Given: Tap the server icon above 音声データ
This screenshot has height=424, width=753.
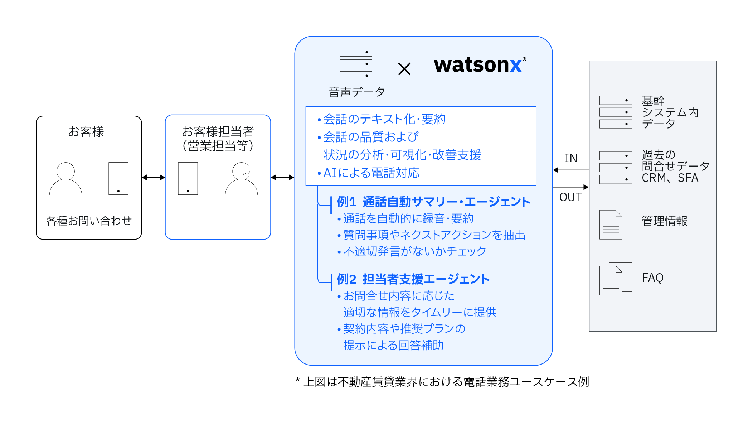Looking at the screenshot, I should pos(356,64).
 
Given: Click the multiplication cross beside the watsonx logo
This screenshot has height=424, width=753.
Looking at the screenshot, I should pos(404,69).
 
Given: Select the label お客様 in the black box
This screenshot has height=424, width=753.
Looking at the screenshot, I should pos(86,132).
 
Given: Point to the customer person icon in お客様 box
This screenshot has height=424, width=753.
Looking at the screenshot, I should pos(65,179).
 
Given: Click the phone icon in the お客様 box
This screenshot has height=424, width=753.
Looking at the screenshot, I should pos(118,178).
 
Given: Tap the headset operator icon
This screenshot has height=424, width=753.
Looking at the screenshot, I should pos(241,179).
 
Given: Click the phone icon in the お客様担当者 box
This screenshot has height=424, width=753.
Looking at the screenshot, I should pos(188,178).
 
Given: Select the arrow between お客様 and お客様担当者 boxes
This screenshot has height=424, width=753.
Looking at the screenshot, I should pos(153,177).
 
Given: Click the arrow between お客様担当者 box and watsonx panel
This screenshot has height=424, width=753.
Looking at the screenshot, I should pos(282,177).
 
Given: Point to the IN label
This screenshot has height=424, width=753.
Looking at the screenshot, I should pos(571,158).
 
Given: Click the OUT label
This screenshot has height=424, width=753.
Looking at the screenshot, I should pos(570,197).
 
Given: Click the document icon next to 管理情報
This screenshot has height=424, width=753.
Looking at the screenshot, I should pos(615,223).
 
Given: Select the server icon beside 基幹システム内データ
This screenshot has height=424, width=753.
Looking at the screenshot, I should pos(616,112).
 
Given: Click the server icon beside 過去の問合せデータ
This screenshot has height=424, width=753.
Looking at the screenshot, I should pos(616,167).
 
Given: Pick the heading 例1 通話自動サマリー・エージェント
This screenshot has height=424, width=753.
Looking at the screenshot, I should pos(433,202).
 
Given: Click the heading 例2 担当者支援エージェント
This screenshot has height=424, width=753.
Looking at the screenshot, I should pos(413,279).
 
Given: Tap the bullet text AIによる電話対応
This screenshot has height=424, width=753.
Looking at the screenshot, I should pos(371,173).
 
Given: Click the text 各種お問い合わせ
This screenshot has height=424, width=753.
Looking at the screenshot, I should pos(89,221).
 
